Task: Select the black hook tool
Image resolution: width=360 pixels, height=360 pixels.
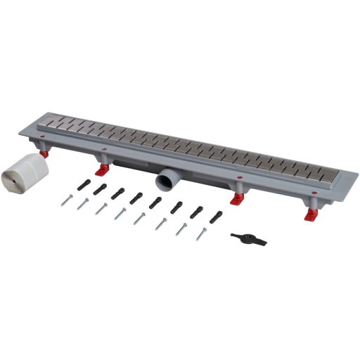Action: tap(249, 239)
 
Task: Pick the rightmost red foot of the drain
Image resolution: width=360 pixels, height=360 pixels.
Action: tap(310, 215)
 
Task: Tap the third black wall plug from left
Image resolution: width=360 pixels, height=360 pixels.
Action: tap(117, 193)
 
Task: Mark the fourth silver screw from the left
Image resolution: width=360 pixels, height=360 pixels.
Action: tap(120, 214)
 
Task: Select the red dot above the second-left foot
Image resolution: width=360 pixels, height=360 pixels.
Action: tap(104, 149)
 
